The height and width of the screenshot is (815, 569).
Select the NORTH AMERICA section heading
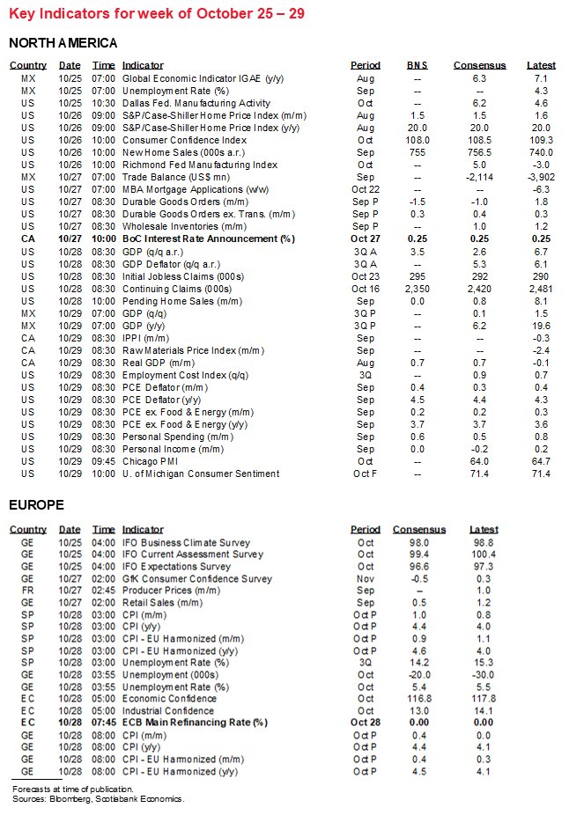click(x=63, y=43)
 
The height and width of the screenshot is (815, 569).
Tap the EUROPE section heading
click(x=36, y=504)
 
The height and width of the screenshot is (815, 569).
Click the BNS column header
click(x=418, y=65)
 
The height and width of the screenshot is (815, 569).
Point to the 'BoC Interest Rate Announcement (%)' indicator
click(x=208, y=239)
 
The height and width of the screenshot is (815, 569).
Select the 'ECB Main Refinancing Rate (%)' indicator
click(x=195, y=723)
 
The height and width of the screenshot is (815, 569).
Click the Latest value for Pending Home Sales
click(x=541, y=300)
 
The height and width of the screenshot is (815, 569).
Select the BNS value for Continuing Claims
click(x=418, y=288)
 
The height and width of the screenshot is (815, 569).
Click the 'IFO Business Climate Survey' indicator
click(x=186, y=543)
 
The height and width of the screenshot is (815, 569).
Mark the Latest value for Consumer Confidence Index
click(x=541, y=140)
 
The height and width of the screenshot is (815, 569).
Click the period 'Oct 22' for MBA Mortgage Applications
click(x=365, y=189)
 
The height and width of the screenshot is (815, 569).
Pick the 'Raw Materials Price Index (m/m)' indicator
click(x=193, y=350)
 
